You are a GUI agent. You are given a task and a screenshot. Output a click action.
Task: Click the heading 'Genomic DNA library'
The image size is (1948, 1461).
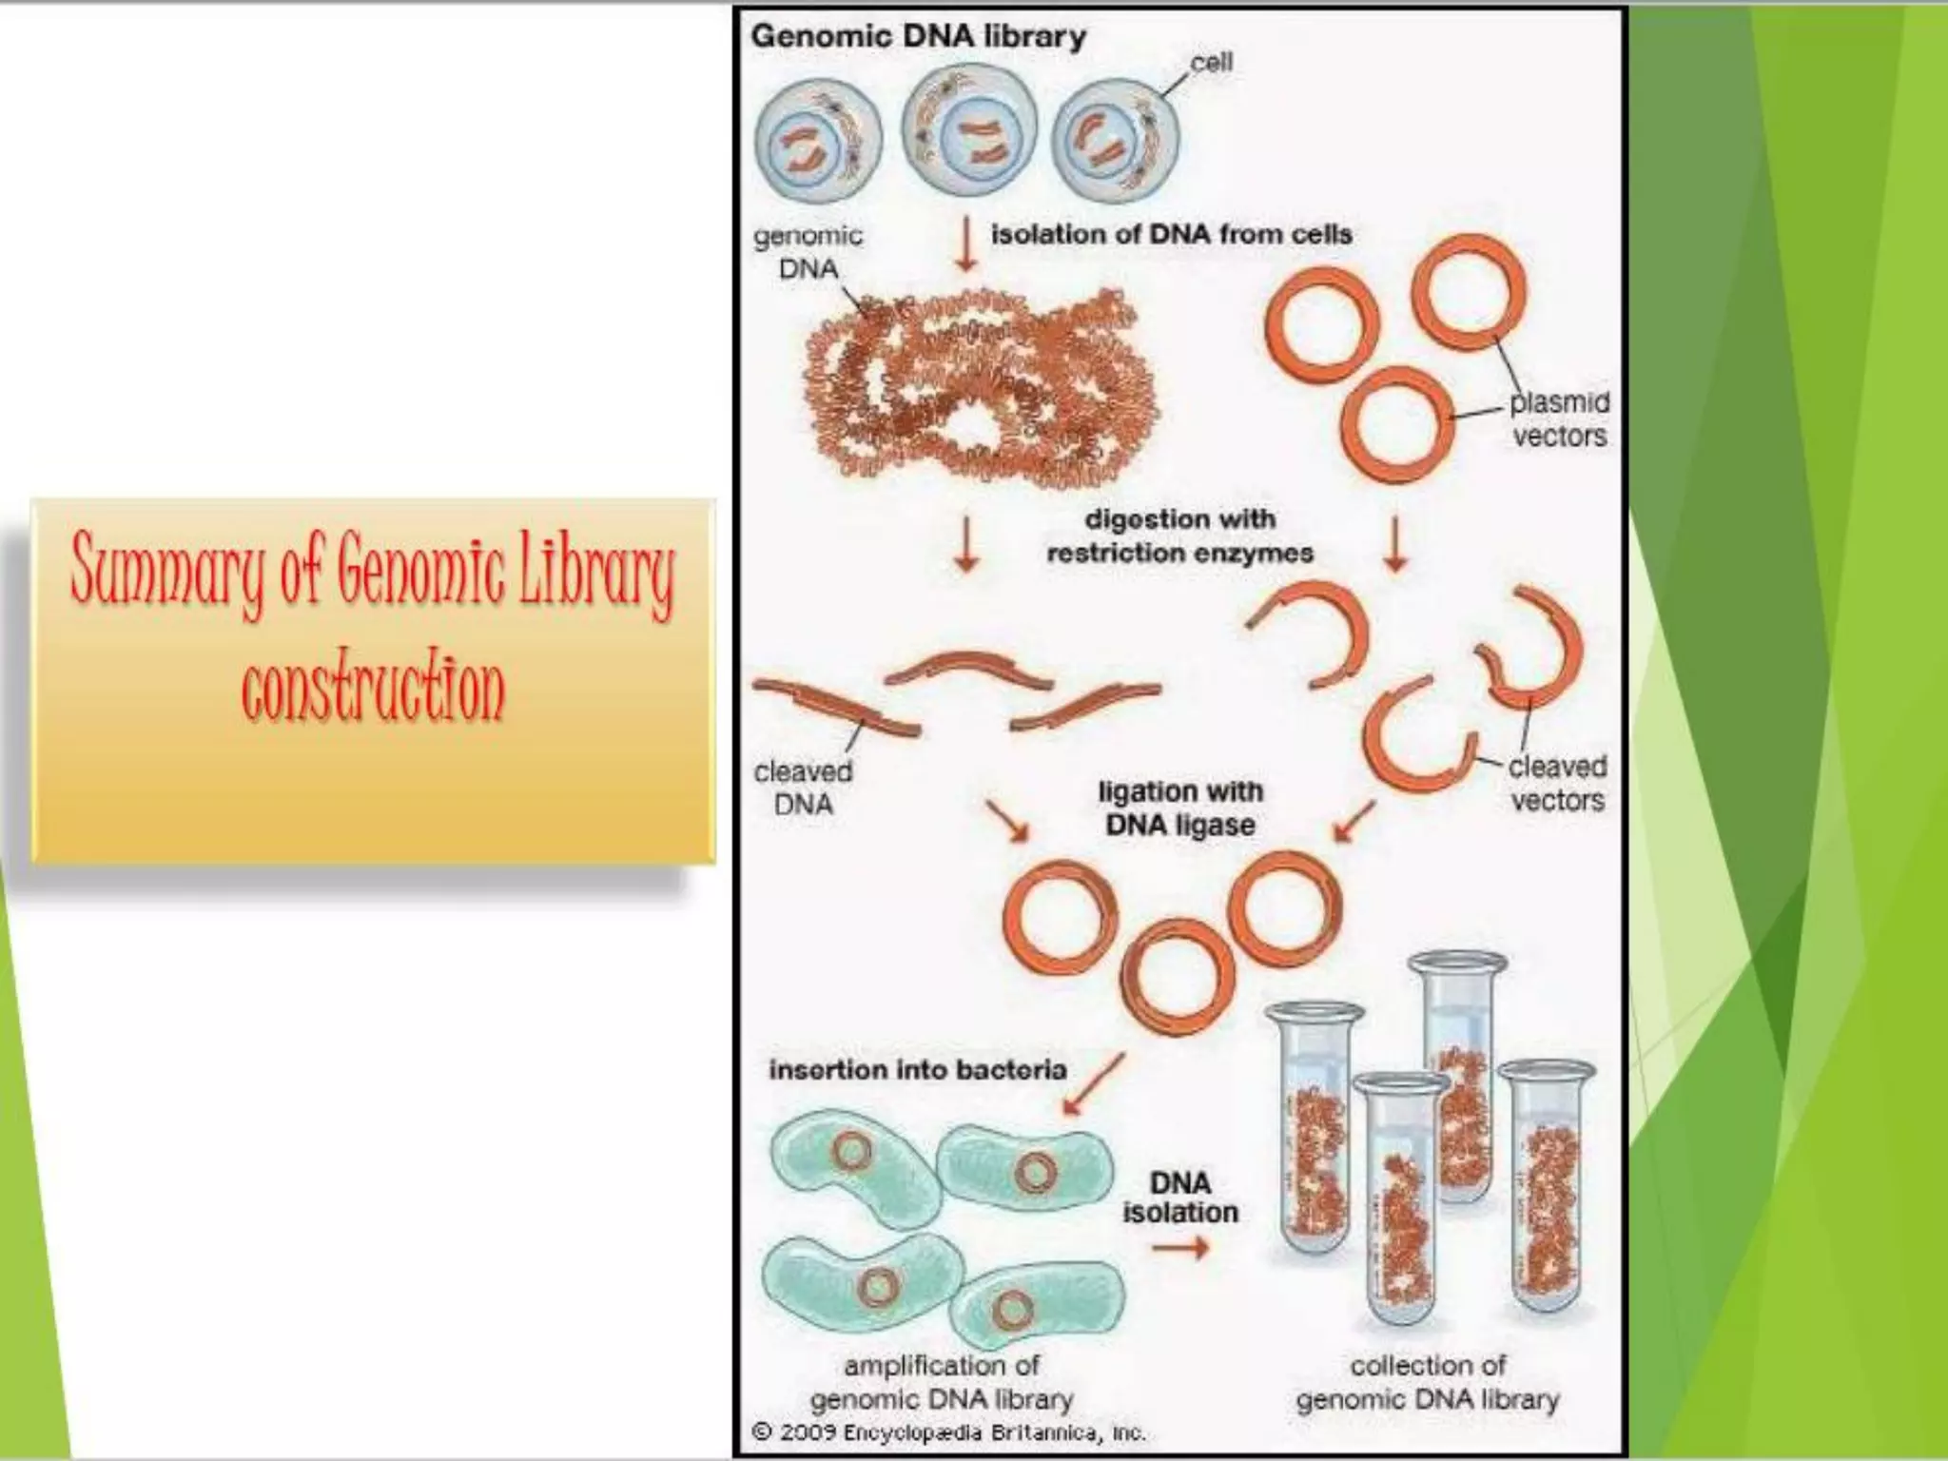tap(918, 37)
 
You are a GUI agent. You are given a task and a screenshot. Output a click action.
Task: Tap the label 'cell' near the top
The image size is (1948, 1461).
tap(1211, 63)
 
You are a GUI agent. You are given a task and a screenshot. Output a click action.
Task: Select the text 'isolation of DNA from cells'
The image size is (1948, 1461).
tap(1171, 234)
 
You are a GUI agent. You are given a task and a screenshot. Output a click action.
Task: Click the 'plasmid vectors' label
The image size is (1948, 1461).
tap(1559, 419)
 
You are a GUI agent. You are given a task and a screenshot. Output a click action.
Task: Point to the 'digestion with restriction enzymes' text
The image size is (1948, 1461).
tap(1179, 536)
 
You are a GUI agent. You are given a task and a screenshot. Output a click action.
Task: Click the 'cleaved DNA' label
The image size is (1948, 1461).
tap(803, 788)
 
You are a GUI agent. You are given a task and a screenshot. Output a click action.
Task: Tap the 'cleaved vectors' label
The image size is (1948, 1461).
tap(1557, 783)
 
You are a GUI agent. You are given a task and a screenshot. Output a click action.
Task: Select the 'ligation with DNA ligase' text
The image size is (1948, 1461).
tap(1179, 808)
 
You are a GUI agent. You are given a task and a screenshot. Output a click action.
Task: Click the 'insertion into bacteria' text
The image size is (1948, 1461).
tap(917, 1070)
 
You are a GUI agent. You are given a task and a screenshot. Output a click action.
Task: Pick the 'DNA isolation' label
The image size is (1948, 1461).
tap(1180, 1198)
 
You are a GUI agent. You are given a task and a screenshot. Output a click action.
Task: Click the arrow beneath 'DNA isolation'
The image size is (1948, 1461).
tap(1179, 1248)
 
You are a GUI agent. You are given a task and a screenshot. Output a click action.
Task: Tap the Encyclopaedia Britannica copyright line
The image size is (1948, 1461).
tap(948, 1432)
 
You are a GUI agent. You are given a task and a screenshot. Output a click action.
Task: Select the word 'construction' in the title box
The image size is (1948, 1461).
tap(373, 690)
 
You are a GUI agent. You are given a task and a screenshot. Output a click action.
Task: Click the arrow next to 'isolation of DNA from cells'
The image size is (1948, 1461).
tap(966, 244)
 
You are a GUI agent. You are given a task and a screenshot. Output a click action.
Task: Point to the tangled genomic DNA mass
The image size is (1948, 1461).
tap(980, 390)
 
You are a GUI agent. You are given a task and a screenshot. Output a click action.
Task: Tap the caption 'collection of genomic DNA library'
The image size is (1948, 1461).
tap(1427, 1382)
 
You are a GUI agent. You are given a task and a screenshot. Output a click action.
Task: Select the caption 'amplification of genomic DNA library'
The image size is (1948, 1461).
tap(942, 1382)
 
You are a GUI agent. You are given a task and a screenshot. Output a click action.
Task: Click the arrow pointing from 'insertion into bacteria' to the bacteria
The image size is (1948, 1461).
tap(1093, 1083)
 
